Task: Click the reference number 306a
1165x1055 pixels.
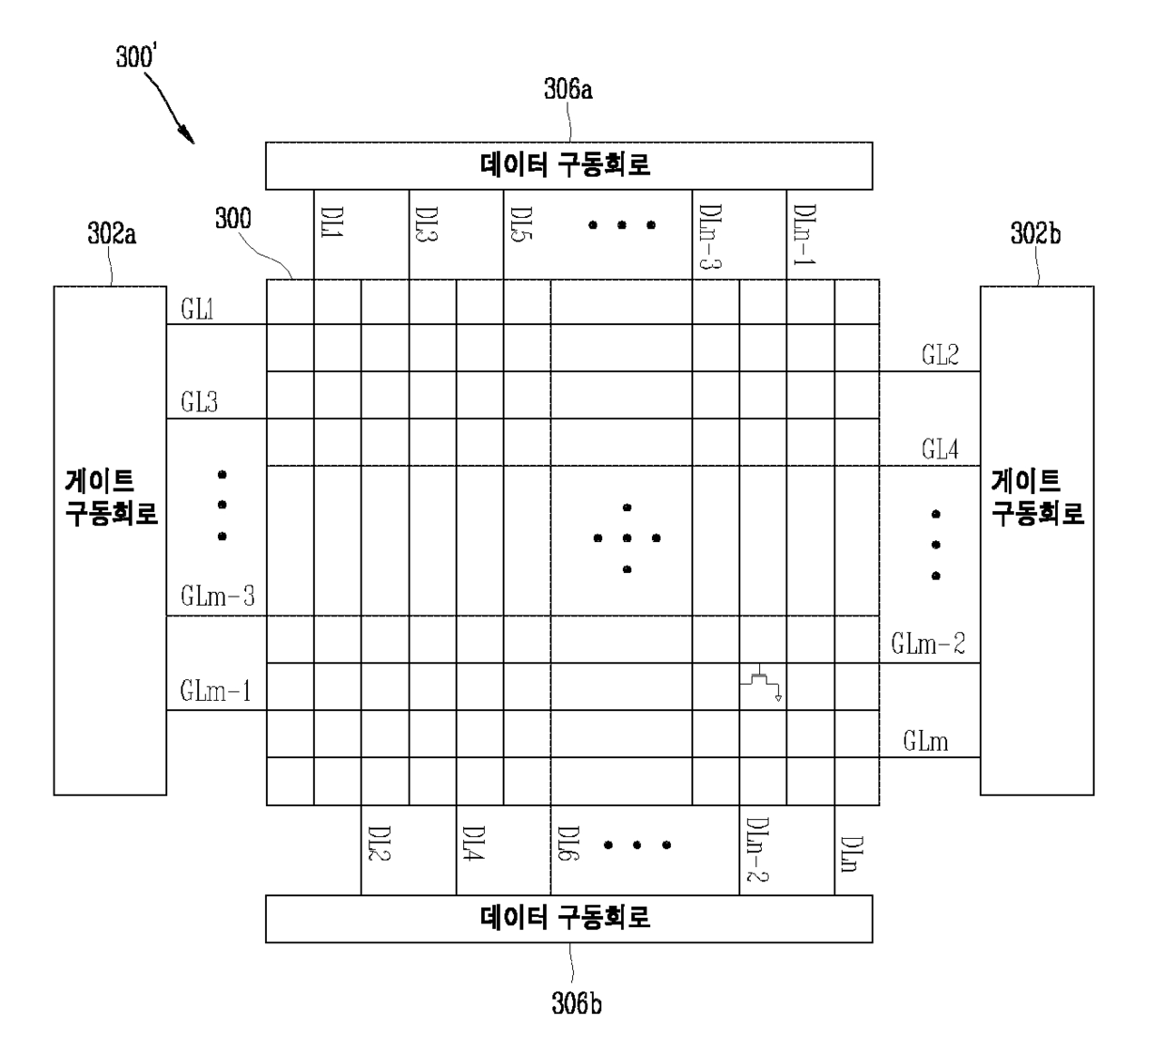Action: [567, 90]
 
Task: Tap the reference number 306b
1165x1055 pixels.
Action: [576, 1003]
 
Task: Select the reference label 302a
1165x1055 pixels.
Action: [112, 234]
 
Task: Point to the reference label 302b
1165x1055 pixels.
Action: [1035, 234]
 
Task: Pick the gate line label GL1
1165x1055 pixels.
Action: [197, 310]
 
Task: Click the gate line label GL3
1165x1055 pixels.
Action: [199, 403]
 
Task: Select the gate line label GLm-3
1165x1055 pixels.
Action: [217, 597]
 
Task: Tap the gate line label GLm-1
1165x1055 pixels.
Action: [215, 692]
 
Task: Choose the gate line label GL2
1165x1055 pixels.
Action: [940, 355]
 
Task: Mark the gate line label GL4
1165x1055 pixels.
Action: [940, 450]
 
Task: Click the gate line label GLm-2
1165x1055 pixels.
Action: [927, 644]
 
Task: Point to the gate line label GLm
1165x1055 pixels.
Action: [925, 741]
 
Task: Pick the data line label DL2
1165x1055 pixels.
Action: [379, 845]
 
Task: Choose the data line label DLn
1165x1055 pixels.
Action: [851, 854]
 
